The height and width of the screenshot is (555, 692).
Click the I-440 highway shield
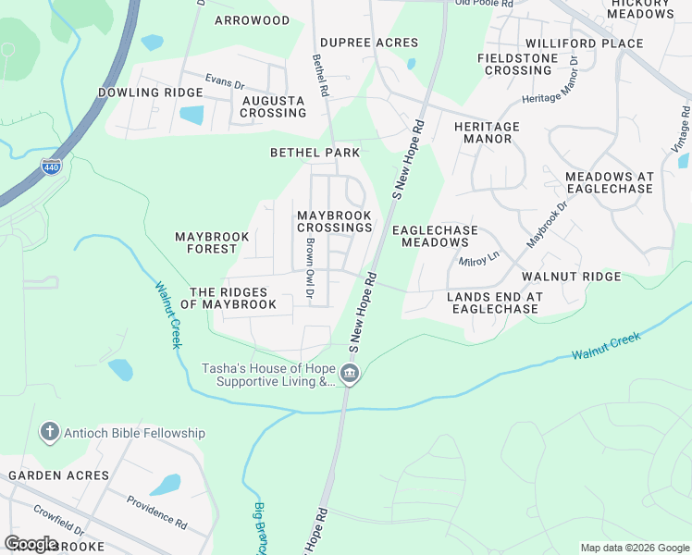point(51,166)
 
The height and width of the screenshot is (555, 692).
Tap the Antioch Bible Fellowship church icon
point(49,432)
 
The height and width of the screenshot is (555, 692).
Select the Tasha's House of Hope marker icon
point(349,374)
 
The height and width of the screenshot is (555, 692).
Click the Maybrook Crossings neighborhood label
point(334,222)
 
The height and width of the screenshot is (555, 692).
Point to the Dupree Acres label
point(369,43)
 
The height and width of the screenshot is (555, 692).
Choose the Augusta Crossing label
point(273,106)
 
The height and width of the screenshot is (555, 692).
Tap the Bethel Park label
point(315,152)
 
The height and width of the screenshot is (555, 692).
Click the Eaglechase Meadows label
point(435,236)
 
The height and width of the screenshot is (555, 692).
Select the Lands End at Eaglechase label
point(495,302)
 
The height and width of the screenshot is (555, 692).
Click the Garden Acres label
point(59,475)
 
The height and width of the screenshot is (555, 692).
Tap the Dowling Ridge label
point(151,92)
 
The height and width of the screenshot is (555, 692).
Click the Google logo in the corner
point(31,544)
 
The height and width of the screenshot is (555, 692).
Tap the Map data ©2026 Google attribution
point(635,548)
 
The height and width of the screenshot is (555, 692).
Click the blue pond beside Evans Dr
point(192,116)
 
